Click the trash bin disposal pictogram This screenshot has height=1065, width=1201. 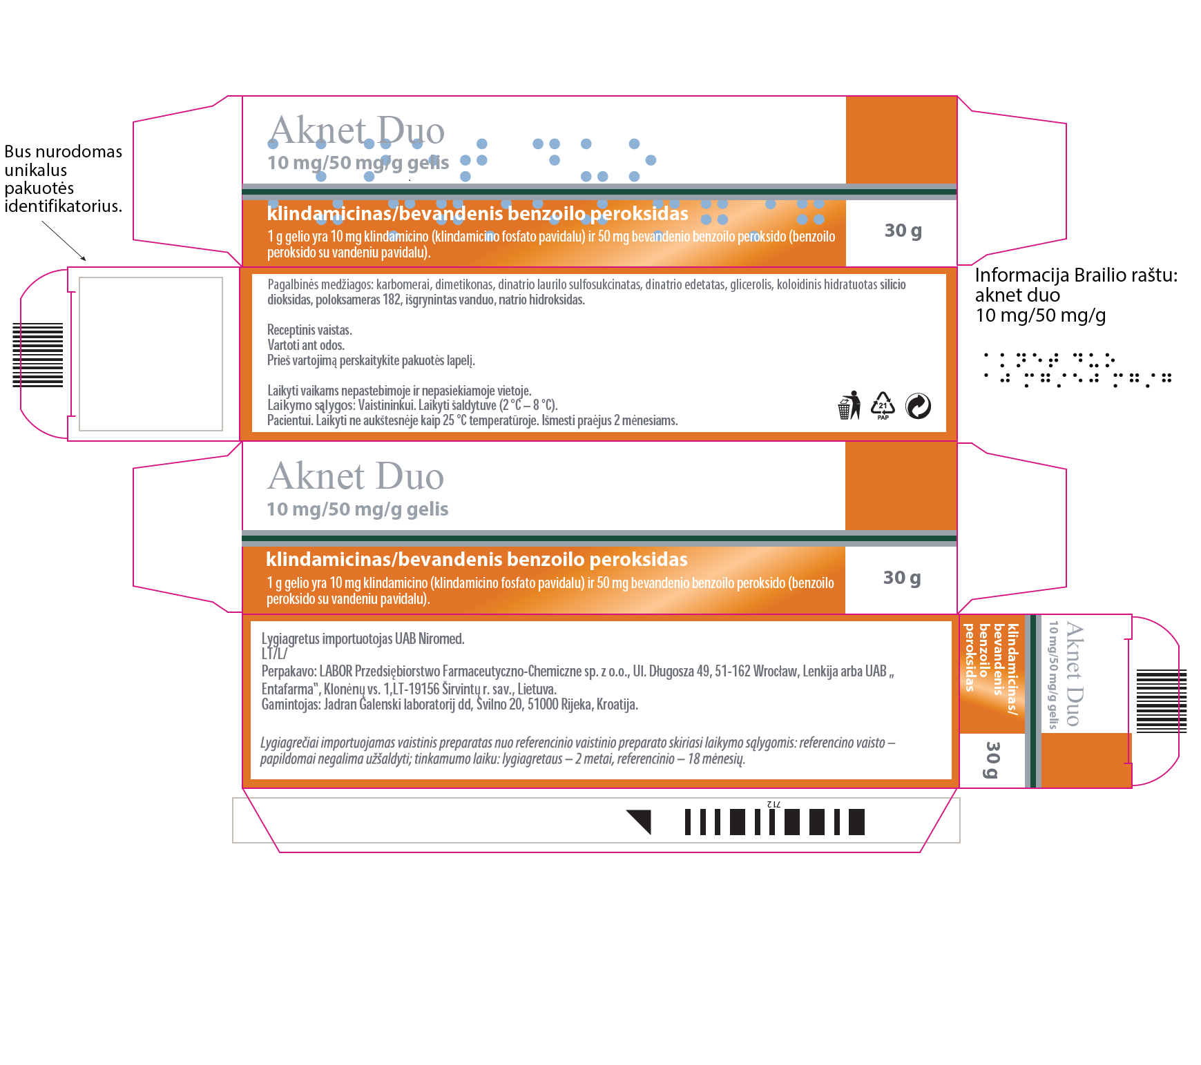coord(849,405)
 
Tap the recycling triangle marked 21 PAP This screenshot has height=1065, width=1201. coord(883,405)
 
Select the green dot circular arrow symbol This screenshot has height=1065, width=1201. coord(918,406)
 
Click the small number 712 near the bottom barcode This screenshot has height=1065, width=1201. coord(774,804)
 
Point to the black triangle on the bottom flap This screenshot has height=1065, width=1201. coord(642,821)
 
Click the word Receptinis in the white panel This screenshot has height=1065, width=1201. coord(289,330)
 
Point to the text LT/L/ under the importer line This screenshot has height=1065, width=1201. coord(274,654)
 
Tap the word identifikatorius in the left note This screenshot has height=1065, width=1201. coord(64,206)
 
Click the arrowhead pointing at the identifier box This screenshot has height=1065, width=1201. coord(84,259)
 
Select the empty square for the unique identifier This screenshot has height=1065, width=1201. coord(151,354)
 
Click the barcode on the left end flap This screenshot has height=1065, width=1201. coord(38,355)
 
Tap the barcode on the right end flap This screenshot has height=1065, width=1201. coord(1162,701)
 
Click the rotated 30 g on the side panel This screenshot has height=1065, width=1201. coord(992,760)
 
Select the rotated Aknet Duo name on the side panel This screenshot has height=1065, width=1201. coord(1074,674)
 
